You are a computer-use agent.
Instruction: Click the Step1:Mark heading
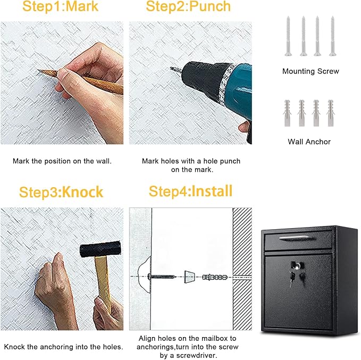pyautogui.click(x=61, y=7)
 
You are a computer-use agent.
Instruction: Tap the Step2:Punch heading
pyautogui.click(x=188, y=7)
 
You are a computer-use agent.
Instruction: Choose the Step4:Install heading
pyautogui.click(x=190, y=191)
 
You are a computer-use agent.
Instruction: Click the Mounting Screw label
pyautogui.click(x=310, y=71)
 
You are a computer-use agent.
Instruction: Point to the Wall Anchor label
pyautogui.click(x=309, y=141)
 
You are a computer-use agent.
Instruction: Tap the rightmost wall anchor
pyautogui.click(x=330, y=113)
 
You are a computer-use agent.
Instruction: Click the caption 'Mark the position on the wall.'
pyautogui.click(x=62, y=161)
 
